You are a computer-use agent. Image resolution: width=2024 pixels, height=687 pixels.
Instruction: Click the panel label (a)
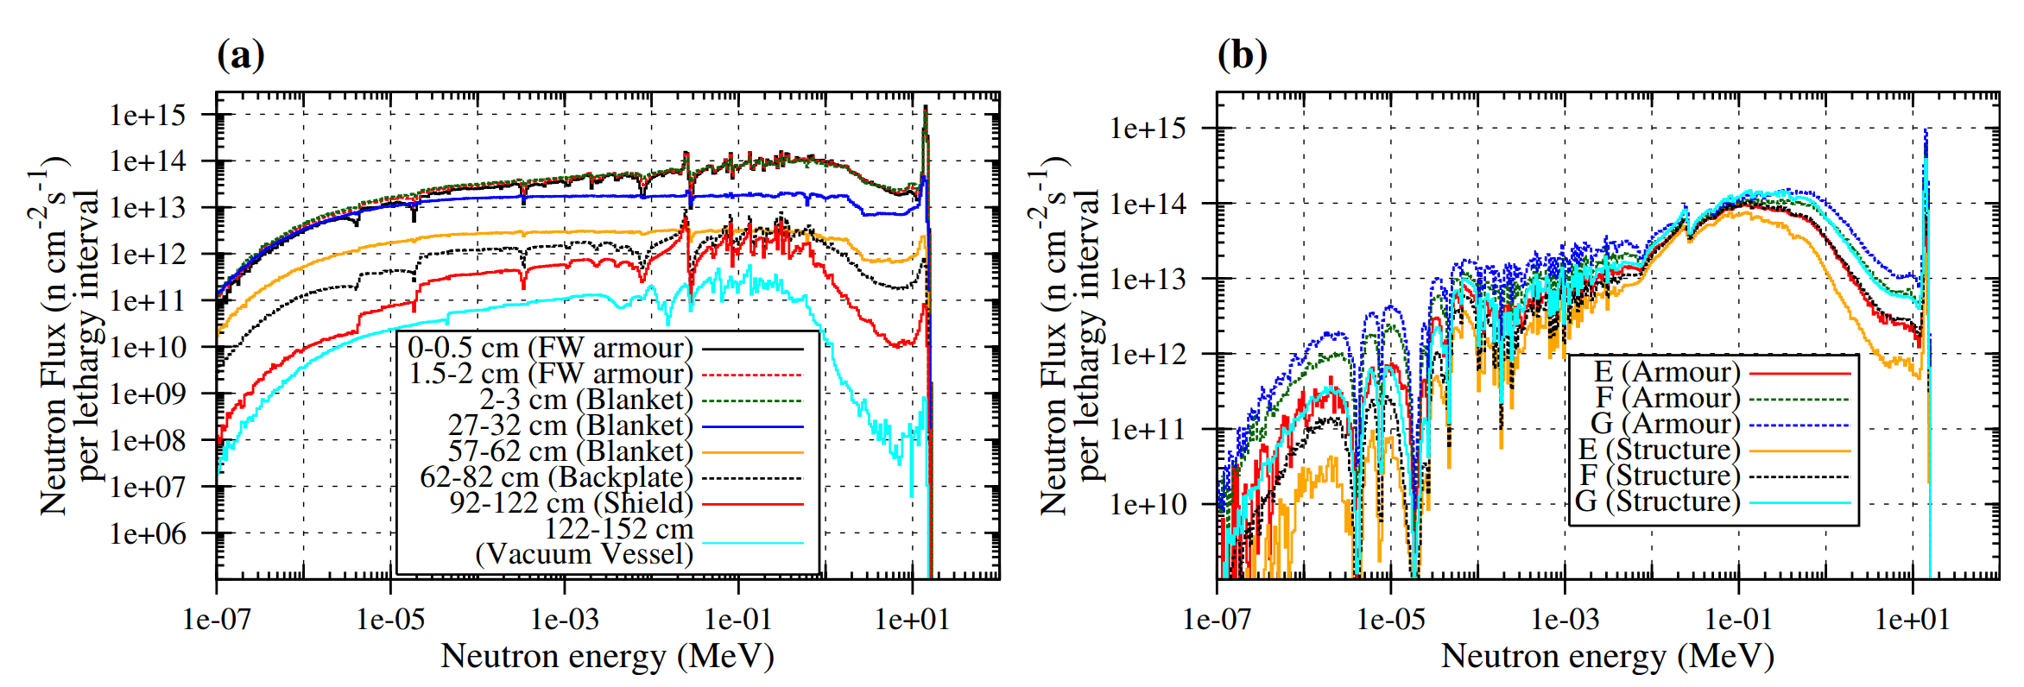[x=241, y=55]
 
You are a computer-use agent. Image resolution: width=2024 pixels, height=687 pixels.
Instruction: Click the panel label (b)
[x=1242, y=55]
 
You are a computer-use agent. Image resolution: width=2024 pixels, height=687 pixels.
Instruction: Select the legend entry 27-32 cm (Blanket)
[x=570, y=425]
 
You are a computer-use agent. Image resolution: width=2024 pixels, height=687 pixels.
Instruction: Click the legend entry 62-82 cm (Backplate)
[x=556, y=477]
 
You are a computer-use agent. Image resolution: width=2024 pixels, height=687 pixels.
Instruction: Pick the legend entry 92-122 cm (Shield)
[x=571, y=503]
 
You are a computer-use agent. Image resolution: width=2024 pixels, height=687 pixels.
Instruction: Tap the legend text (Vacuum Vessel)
[x=584, y=554]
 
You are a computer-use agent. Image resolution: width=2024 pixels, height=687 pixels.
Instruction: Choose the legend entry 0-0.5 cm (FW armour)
[x=550, y=348]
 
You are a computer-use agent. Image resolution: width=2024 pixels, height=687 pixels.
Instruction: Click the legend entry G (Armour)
[x=1665, y=424]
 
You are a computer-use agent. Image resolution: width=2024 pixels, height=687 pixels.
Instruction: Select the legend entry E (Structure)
[x=1659, y=450]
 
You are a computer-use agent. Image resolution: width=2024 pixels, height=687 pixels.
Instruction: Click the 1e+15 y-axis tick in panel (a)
[x=148, y=115]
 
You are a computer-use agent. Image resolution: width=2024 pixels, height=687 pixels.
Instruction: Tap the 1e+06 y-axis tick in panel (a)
[x=148, y=534]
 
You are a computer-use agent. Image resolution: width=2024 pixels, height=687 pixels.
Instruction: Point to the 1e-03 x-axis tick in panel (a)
[x=565, y=619]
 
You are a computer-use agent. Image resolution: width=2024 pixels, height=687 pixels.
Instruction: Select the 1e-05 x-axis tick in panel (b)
[x=1391, y=619]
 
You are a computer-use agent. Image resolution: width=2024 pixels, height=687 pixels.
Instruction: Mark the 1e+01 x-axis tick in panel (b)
[x=1913, y=619]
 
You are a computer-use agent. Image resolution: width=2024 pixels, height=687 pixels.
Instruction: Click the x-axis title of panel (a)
[x=607, y=657]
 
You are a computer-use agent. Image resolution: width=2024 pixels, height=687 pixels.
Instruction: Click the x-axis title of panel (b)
[x=1608, y=657]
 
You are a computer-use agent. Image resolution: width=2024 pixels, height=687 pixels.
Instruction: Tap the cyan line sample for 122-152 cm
[x=752, y=543]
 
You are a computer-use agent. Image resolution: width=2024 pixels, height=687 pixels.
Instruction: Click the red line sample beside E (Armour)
[x=1795, y=374]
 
